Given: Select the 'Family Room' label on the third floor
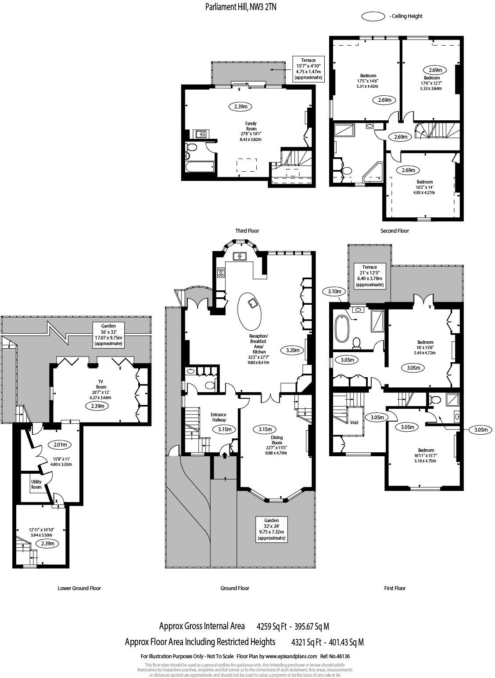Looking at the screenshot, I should point(251,126).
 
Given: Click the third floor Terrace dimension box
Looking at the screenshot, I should point(308,69).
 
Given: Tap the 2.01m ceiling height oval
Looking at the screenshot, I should point(60,444).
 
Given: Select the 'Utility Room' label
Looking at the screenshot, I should point(36,484).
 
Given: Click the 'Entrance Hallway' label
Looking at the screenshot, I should point(218,417).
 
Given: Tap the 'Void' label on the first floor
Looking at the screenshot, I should point(354,422).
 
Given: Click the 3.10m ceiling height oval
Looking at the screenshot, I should point(334,291).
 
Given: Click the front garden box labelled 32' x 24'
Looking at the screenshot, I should point(271,529).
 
